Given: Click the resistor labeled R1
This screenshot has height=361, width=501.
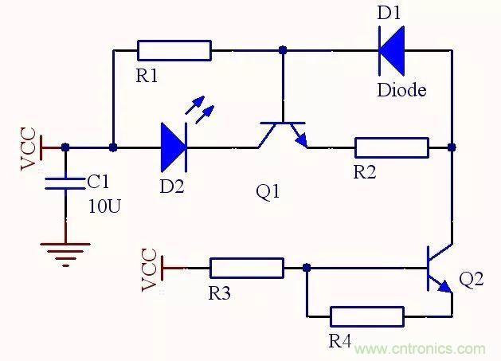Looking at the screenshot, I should (x=174, y=50).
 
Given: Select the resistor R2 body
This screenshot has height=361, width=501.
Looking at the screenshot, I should (x=392, y=147).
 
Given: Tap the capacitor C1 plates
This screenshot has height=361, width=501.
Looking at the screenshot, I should (x=65, y=183).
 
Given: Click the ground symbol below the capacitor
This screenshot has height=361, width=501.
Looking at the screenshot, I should (x=65, y=253).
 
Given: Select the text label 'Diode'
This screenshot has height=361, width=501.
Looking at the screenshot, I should (x=401, y=89).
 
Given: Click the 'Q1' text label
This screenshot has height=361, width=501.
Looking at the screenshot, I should (x=268, y=193).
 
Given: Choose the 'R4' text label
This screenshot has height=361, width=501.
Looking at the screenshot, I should (x=340, y=342).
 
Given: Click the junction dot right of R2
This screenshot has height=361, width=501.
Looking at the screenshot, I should (x=452, y=147).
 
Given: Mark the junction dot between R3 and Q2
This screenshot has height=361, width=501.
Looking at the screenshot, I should (x=305, y=269).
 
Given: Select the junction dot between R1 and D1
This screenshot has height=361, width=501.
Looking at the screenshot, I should (x=282, y=50).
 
